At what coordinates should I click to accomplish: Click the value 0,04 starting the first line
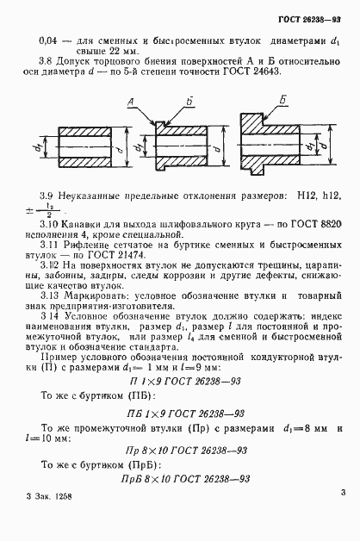coord(51,40)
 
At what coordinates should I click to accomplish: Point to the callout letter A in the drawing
coord(131,102)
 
